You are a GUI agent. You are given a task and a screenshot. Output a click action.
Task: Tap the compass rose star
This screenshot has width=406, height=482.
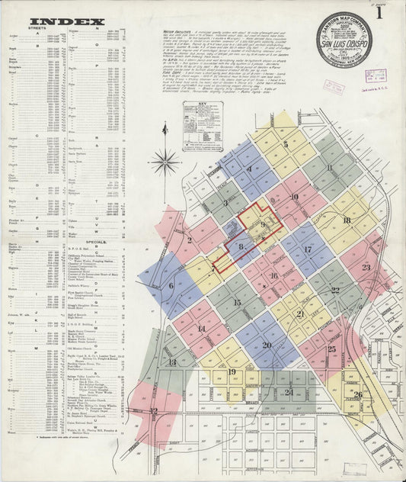(x=165, y=161)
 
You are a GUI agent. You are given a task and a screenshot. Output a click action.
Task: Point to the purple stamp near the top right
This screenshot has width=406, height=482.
(x=375, y=76)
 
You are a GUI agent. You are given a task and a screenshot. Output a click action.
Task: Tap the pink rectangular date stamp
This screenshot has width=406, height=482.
(x=333, y=86)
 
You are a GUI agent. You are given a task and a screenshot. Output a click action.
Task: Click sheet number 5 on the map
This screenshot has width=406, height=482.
(x=286, y=144)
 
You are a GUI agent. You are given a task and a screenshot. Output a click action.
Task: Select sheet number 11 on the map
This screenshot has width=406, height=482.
(x=329, y=168)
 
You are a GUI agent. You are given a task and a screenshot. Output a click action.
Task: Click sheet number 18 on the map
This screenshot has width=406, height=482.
(x=347, y=220)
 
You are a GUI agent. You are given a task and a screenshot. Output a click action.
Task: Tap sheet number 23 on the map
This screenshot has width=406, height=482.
(x=366, y=267)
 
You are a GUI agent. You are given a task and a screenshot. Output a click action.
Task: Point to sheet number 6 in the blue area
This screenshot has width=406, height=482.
(x=171, y=286)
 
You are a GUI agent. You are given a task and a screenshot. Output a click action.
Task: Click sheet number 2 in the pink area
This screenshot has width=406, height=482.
(x=189, y=240)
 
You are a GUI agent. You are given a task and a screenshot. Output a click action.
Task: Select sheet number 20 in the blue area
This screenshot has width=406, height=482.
(x=267, y=345)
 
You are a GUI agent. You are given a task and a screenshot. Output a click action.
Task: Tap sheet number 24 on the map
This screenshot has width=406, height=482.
(x=288, y=393)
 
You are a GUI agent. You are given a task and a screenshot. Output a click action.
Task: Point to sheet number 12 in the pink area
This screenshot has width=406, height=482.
(x=154, y=432)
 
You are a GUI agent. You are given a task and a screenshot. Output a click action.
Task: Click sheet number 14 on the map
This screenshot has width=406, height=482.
(x=201, y=329)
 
